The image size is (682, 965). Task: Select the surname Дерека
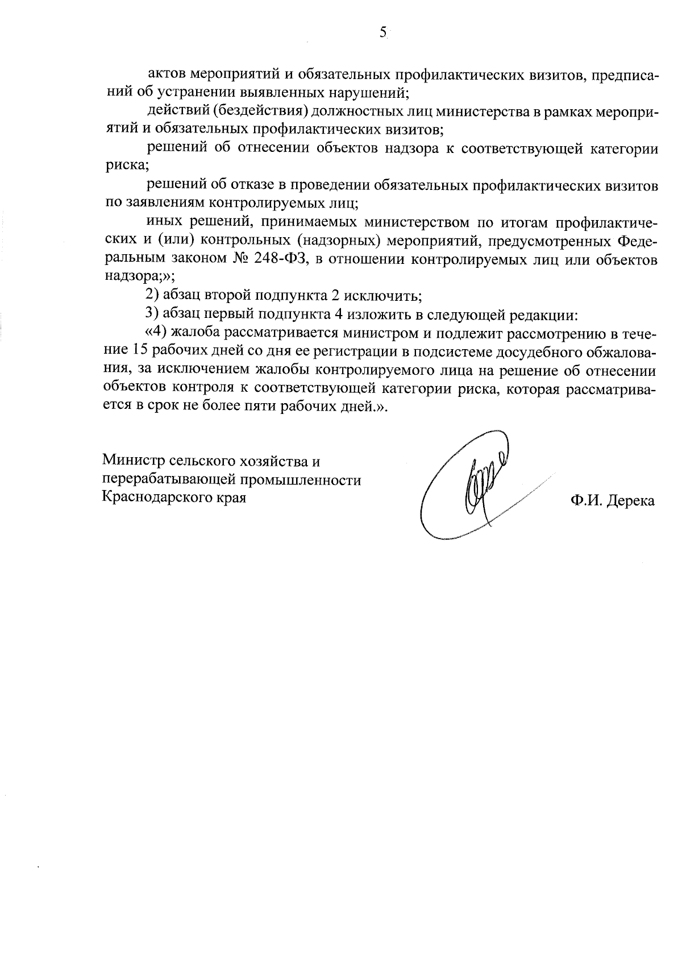tap(631, 501)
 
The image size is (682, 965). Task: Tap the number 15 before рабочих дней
tap(140, 351)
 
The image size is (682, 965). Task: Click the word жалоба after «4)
tap(196, 333)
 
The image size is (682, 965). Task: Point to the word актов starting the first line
tap(166, 75)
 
